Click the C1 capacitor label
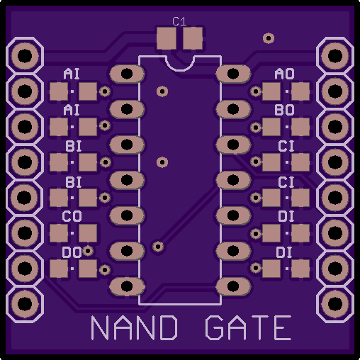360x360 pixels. (x=179, y=21)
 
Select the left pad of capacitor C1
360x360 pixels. (x=167, y=38)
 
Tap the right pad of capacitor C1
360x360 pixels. (x=193, y=38)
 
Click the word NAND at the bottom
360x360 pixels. (x=134, y=327)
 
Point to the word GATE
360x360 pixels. (x=248, y=327)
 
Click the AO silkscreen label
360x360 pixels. (x=284, y=74)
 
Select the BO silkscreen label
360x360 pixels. (x=284, y=110)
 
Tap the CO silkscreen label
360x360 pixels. (x=72, y=216)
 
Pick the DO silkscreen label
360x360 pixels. (x=72, y=252)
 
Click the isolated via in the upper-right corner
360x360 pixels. (x=269, y=38)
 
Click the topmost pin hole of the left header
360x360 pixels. (x=25, y=56)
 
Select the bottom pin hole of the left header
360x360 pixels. (x=25, y=303)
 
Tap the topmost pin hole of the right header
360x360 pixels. (x=335, y=56)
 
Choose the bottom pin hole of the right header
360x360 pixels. (x=335, y=303)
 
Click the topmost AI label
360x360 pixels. (x=72, y=74)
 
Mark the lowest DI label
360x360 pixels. (x=284, y=252)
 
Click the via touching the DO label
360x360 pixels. (x=88, y=251)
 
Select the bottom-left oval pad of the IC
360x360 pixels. (x=127, y=286)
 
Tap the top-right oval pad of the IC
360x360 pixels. (x=233, y=74)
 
